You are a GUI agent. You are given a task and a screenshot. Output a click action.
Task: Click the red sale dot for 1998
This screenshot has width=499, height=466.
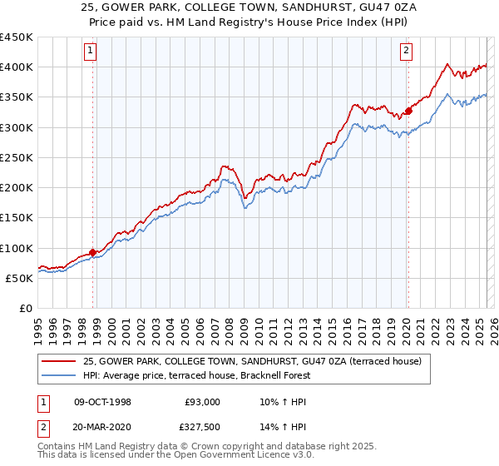coord(93,252)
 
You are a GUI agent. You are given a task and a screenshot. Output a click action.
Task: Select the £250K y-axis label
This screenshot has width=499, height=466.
coord(17,157)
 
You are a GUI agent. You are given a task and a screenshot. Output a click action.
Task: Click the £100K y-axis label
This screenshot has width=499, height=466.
coord(17,248)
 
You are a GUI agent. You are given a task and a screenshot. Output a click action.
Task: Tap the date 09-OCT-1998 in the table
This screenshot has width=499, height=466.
coord(102,402)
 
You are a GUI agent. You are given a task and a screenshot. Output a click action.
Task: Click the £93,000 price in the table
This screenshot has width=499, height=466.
coord(202,402)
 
